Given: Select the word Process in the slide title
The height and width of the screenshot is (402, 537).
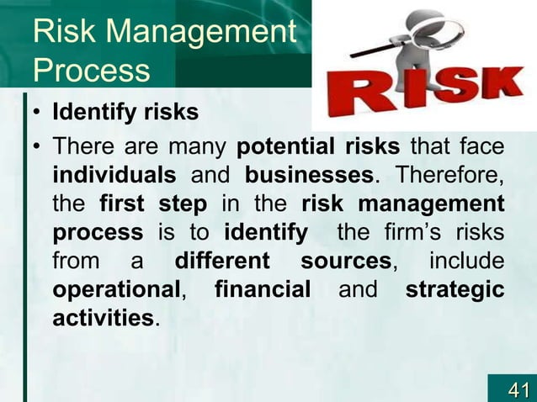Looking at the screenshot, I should click(90, 71).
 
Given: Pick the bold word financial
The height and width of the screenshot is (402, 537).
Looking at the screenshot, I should click(263, 290).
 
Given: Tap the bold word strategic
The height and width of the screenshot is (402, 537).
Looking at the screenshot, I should click(455, 290).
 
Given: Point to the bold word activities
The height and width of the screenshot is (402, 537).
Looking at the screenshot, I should click(102, 319).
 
